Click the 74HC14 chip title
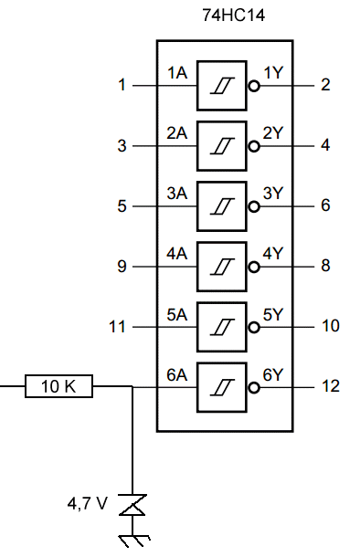coord(234,16)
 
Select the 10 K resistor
coord(58,386)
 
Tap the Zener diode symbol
coord(132,505)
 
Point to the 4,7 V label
coord(87,504)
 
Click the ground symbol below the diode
coord(134,541)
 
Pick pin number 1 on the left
coord(122,85)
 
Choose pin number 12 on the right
coord(331,386)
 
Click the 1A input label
coord(177,73)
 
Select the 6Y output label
coord(273,374)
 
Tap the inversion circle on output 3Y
coord(254,206)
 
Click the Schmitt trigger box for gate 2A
coord(222,146)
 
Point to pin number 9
coord(122,266)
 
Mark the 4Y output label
coord(273,254)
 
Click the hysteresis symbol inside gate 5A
coord(222,327)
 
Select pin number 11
coord(117,327)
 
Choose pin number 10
coord(331,326)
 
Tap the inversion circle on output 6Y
coord(254,388)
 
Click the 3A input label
coord(177,194)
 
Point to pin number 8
coord(325,266)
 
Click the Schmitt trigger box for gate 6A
coord(222,387)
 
